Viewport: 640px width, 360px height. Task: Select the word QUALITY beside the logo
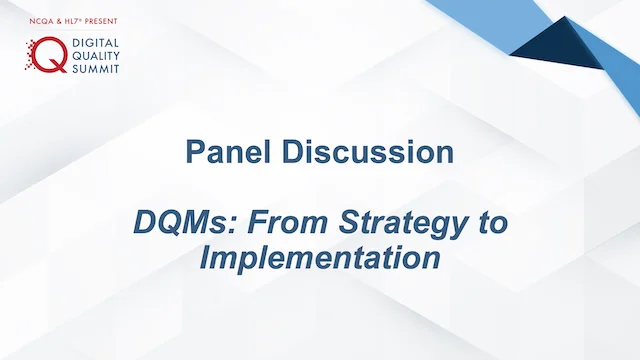tap(96, 57)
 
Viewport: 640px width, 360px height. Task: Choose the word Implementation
tap(320, 258)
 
